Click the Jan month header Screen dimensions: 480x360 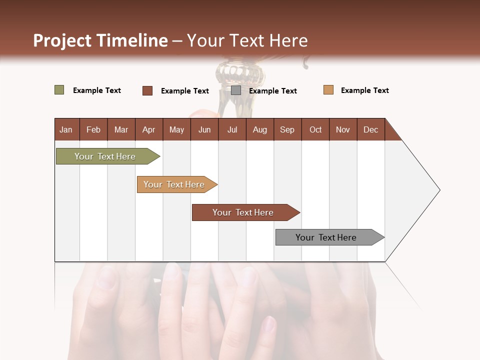66,129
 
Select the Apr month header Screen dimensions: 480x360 149,129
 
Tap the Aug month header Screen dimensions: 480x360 260,129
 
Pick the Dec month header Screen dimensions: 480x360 370,129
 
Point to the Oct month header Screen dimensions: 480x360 315,129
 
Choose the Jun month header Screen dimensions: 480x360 204,129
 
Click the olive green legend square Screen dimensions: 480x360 59,90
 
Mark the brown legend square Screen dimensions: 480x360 147,90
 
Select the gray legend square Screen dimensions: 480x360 236,90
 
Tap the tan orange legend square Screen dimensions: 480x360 328,90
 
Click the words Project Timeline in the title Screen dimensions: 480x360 100,40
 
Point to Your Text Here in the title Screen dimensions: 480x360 247,40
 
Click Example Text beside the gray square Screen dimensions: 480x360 272,91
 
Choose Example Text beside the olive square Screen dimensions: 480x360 97,90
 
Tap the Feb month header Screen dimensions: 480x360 93,129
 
